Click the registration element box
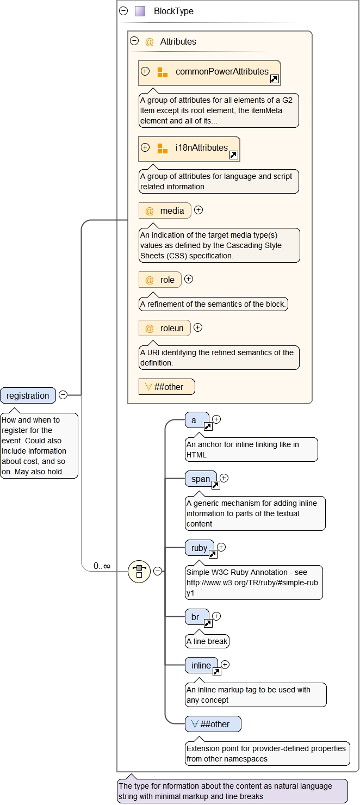pos(28,395)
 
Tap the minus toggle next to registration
pos(63,395)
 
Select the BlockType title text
pos(173,11)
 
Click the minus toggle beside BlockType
pos(123,11)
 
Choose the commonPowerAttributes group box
pos(209,72)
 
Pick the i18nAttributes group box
pos(189,148)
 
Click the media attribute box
pos(165,210)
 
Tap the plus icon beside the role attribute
pos(189,279)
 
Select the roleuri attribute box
pos(165,328)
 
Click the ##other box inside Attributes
pos(167,387)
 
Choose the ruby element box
pos(200,548)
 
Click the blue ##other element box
pos(213,724)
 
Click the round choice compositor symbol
pos(139,571)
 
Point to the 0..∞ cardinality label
pos(102,566)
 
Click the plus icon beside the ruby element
pos(221,547)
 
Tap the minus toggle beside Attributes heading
pos(134,41)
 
